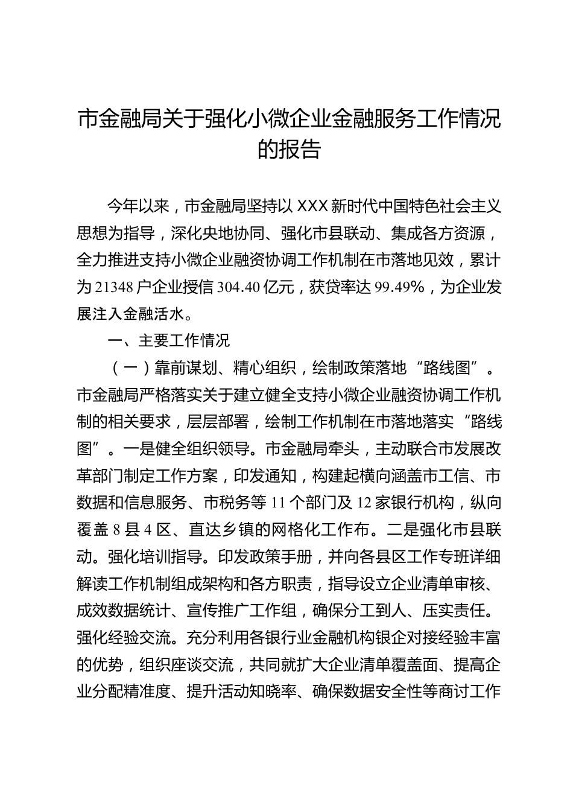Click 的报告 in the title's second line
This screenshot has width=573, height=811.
(x=288, y=148)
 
